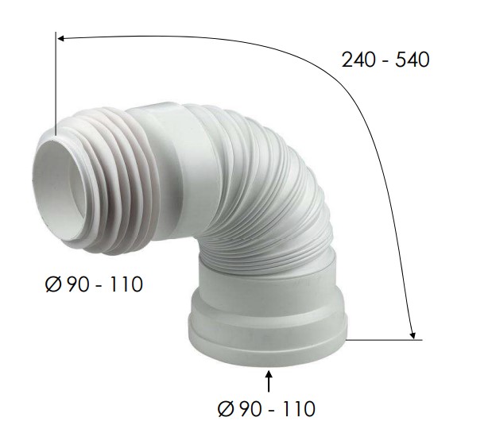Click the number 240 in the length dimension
pos(358,60)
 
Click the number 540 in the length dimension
pos(413,60)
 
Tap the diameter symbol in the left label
pos(52,284)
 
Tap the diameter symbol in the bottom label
pos(225,408)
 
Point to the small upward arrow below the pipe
pos(269,381)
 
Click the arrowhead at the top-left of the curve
pos(61,39)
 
